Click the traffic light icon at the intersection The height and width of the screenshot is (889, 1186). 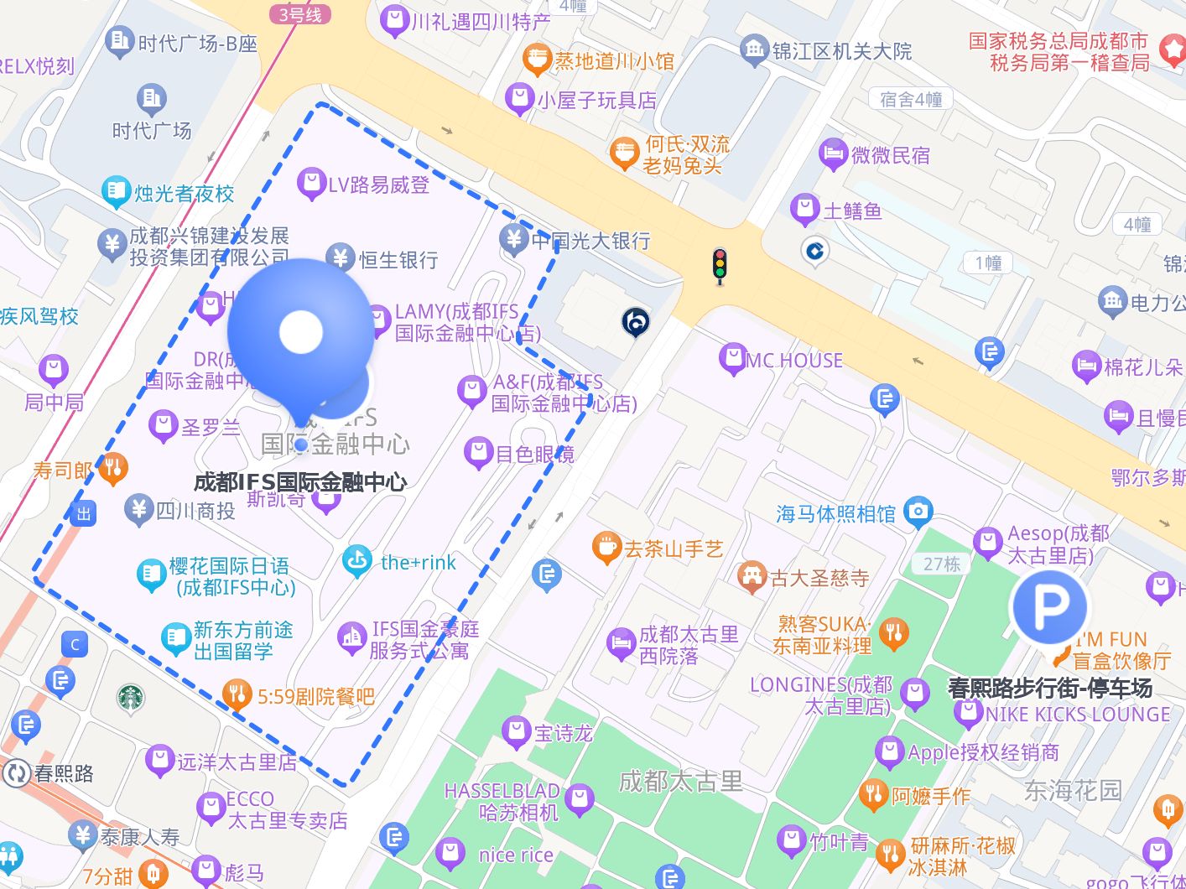719,265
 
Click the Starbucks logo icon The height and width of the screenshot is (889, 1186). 130,697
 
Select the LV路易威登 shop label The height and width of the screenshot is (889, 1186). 377,185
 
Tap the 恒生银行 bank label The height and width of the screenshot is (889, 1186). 398,259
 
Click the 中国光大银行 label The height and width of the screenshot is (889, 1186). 590,241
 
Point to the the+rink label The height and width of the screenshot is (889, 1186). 418,562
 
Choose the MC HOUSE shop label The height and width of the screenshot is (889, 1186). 793,361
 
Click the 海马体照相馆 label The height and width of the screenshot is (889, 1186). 835,513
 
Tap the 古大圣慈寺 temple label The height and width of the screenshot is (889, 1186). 819,578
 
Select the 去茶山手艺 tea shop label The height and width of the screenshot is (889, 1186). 673,549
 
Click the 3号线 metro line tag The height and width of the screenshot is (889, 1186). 300,14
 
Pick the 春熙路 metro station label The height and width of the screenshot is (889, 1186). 64,772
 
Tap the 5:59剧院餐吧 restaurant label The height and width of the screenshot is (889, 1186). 315,696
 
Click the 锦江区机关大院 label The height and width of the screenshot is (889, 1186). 841,51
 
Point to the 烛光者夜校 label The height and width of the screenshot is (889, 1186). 184,194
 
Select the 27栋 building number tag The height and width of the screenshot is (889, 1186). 941,564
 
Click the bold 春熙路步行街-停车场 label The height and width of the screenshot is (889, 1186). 1049,688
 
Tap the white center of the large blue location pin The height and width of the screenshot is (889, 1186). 301,332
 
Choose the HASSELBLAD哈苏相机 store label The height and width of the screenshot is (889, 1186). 502,801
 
